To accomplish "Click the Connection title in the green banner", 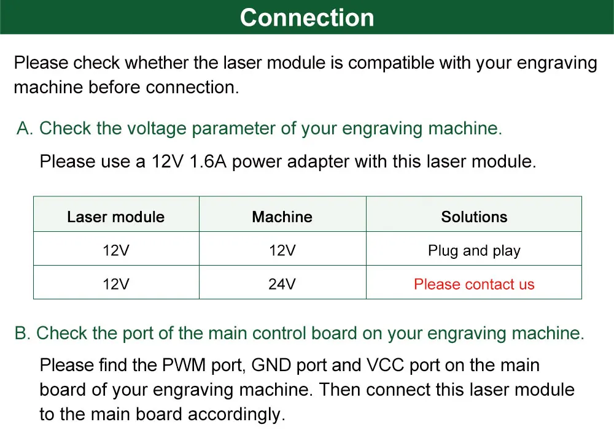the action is [x=307, y=18].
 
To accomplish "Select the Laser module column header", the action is [x=116, y=217].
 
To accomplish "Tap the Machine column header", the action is [x=282, y=217].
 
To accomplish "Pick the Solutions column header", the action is [x=474, y=217].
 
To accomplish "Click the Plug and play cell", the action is [x=474, y=250].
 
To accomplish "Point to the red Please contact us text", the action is [x=474, y=284].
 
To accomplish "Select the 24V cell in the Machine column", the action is [x=282, y=284].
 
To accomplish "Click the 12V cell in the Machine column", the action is [x=282, y=250].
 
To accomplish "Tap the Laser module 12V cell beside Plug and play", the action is [x=116, y=250].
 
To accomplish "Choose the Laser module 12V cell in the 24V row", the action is [x=116, y=284].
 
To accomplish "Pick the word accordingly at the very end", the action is [x=237, y=414].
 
